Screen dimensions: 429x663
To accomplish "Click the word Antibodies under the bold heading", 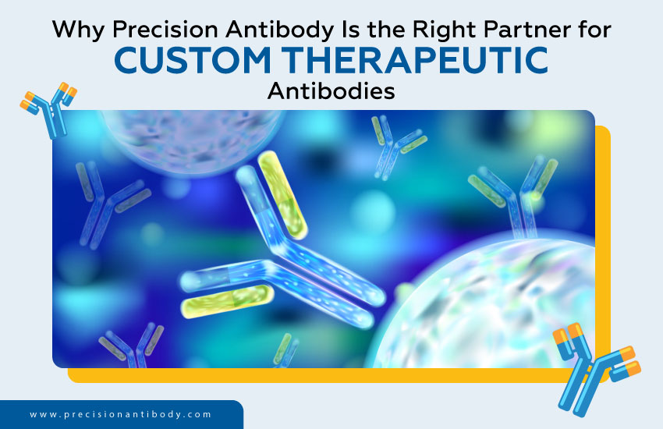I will pyautogui.click(x=331, y=91).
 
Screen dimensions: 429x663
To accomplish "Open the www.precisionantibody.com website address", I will pyautogui.click(x=120, y=415).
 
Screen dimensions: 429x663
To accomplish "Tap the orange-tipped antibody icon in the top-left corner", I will pyautogui.click(x=49, y=110).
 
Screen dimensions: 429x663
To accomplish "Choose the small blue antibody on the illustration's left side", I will pyautogui.click(x=109, y=203).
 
